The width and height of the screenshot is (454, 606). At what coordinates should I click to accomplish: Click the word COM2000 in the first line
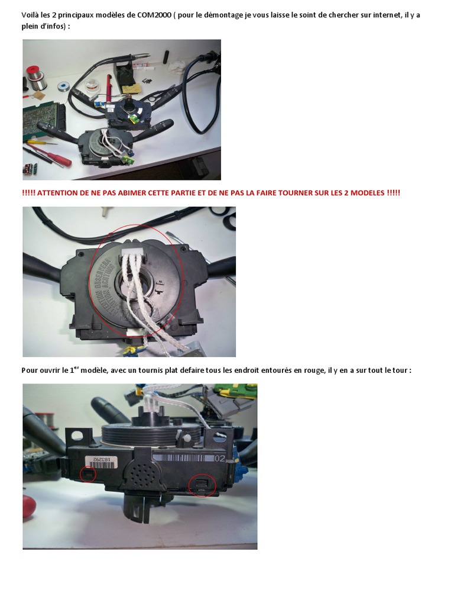tap(154, 15)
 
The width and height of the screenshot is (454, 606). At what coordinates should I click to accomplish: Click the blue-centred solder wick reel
tap(63, 86)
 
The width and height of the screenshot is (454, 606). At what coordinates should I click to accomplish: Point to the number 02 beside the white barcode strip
tap(220, 459)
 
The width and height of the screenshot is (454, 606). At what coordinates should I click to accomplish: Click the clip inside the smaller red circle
tap(88, 474)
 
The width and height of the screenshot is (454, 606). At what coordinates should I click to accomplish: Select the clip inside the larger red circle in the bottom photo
tap(202, 485)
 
